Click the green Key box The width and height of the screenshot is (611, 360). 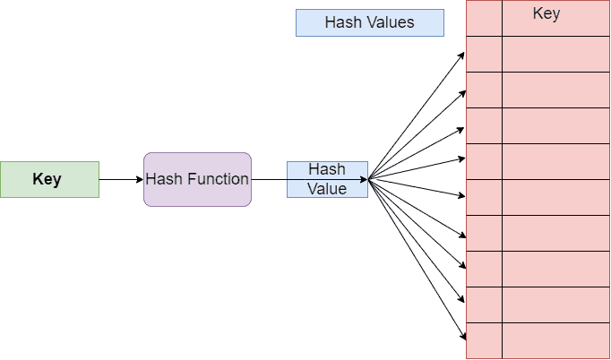[49, 179]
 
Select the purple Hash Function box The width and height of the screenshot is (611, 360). [197, 179]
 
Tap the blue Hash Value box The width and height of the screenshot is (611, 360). [327, 179]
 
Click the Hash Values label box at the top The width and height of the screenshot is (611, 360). [369, 22]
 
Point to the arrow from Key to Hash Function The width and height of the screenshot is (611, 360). [121, 179]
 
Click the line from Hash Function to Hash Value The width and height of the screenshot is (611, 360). [269, 179]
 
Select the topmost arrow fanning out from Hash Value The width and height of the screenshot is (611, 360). [417, 116]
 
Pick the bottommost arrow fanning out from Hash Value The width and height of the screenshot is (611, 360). [417, 259]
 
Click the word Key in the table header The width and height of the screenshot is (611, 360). [546, 14]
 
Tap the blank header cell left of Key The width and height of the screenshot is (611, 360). [484, 18]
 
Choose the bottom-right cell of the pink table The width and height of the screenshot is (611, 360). [555, 340]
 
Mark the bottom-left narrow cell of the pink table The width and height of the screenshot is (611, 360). [484, 340]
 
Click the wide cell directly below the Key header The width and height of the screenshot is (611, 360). [555, 54]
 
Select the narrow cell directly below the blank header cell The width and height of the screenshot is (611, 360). [484, 54]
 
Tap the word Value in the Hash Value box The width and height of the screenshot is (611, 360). [327, 189]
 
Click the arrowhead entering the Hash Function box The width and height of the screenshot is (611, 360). [139, 179]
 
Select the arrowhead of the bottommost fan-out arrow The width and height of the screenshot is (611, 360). [463, 338]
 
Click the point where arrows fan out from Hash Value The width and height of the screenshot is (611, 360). [369, 178]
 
